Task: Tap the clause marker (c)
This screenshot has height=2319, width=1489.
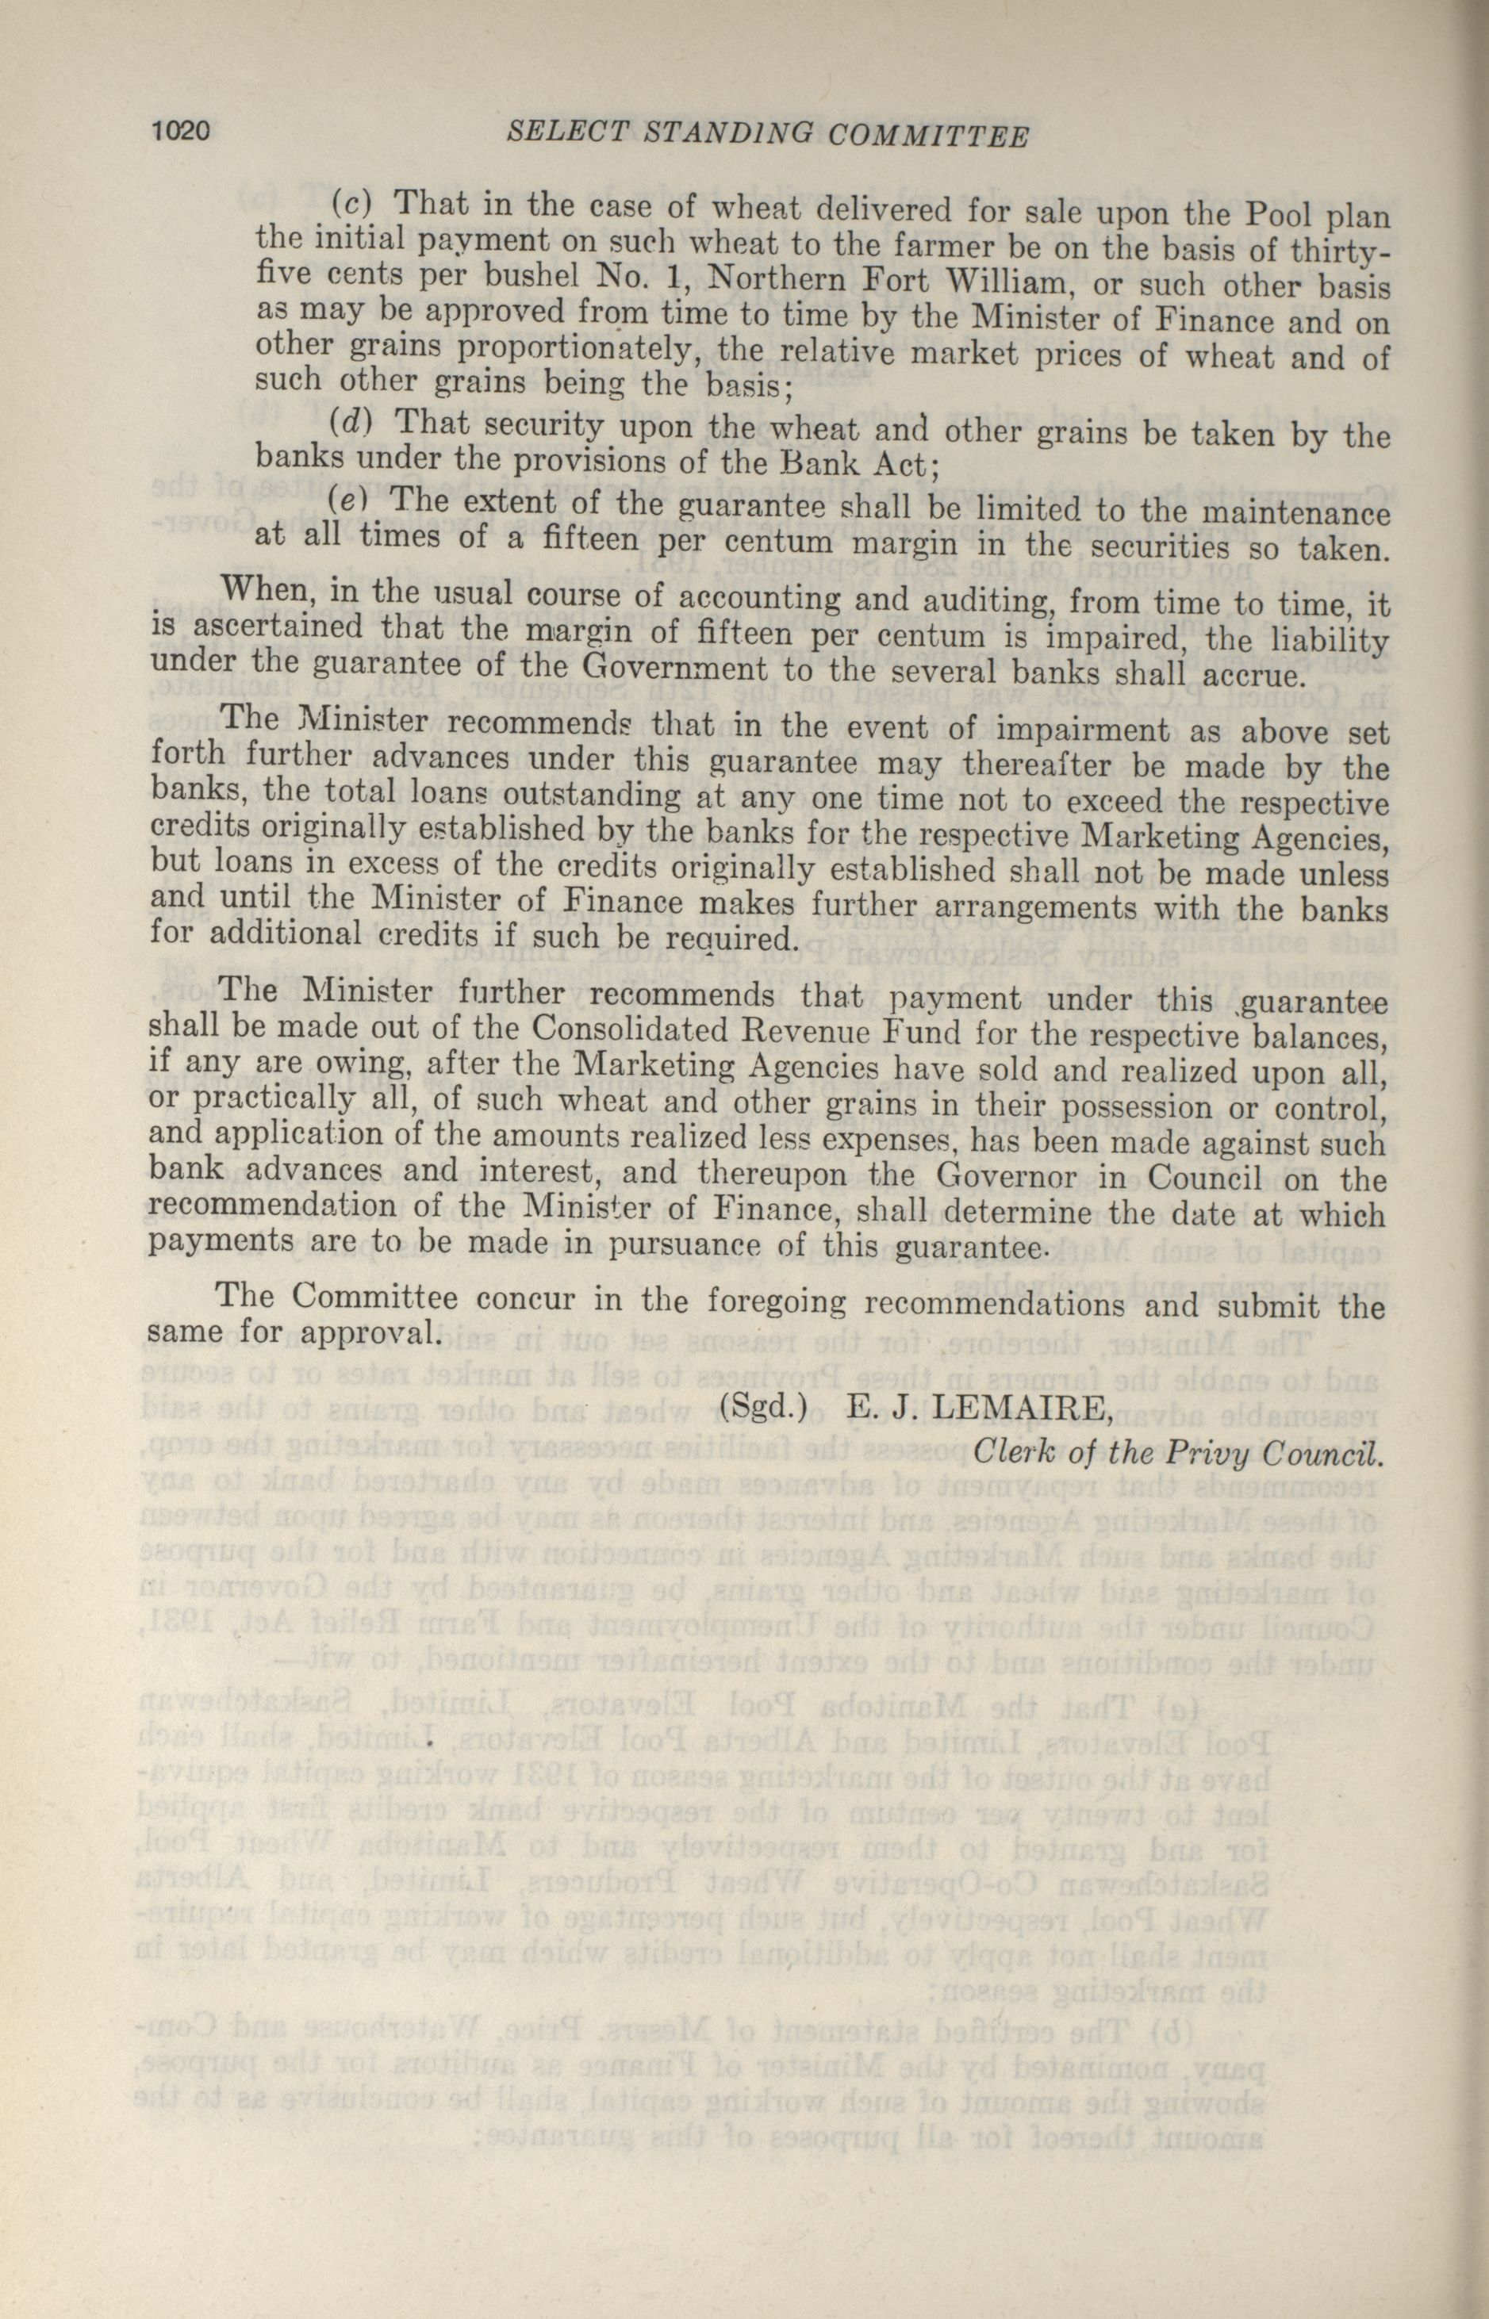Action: coord(352,202)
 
